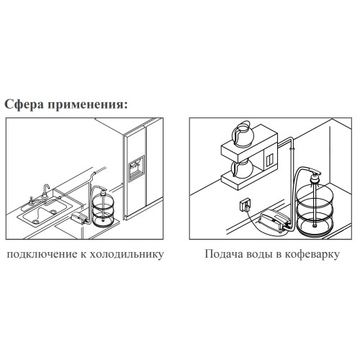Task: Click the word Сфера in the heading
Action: click(24, 105)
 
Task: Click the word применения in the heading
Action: click(87, 105)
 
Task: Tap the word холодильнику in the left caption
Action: click(127, 254)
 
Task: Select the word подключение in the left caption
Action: click(42, 254)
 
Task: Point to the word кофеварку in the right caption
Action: click(312, 254)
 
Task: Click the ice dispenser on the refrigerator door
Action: click(137, 168)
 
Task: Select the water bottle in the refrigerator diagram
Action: click(103, 207)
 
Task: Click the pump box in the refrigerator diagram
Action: click(78, 217)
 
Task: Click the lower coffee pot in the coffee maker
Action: click(242, 168)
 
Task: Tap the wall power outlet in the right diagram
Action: click(246, 206)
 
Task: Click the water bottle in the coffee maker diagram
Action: click(315, 207)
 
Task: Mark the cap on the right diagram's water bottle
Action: click(315, 176)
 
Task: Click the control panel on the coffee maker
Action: click(270, 159)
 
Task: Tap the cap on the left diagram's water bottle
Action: click(104, 191)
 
